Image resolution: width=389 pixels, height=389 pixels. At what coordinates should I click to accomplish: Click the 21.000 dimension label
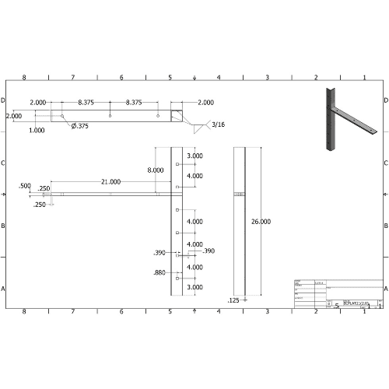pyautogui.click(x=110, y=181)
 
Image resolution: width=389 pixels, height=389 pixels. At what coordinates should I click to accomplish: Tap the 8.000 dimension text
pyautogui.click(x=155, y=170)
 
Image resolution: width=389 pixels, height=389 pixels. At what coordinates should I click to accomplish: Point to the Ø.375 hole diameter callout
pyautogui.click(x=79, y=126)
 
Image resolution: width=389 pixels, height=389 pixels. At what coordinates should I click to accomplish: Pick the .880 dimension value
pyautogui.click(x=159, y=272)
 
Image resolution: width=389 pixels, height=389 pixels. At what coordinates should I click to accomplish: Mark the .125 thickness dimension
pyautogui.click(x=233, y=300)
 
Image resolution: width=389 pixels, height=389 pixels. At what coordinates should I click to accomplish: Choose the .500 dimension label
pyautogui.click(x=25, y=186)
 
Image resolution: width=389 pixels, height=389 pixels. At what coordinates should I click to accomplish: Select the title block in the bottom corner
pyautogui.click(x=338, y=293)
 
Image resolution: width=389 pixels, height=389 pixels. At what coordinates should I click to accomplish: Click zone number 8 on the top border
pyautogui.click(x=24, y=78)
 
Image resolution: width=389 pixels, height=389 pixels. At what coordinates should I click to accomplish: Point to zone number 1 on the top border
pyautogui.click(x=364, y=78)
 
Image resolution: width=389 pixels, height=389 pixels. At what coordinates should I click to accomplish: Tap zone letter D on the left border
pyautogui.click(x=3, y=100)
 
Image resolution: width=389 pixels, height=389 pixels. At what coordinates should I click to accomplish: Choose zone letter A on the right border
pyautogui.click(x=386, y=288)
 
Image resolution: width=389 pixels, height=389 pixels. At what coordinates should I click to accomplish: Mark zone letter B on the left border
pyautogui.click(x=3, y=226)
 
